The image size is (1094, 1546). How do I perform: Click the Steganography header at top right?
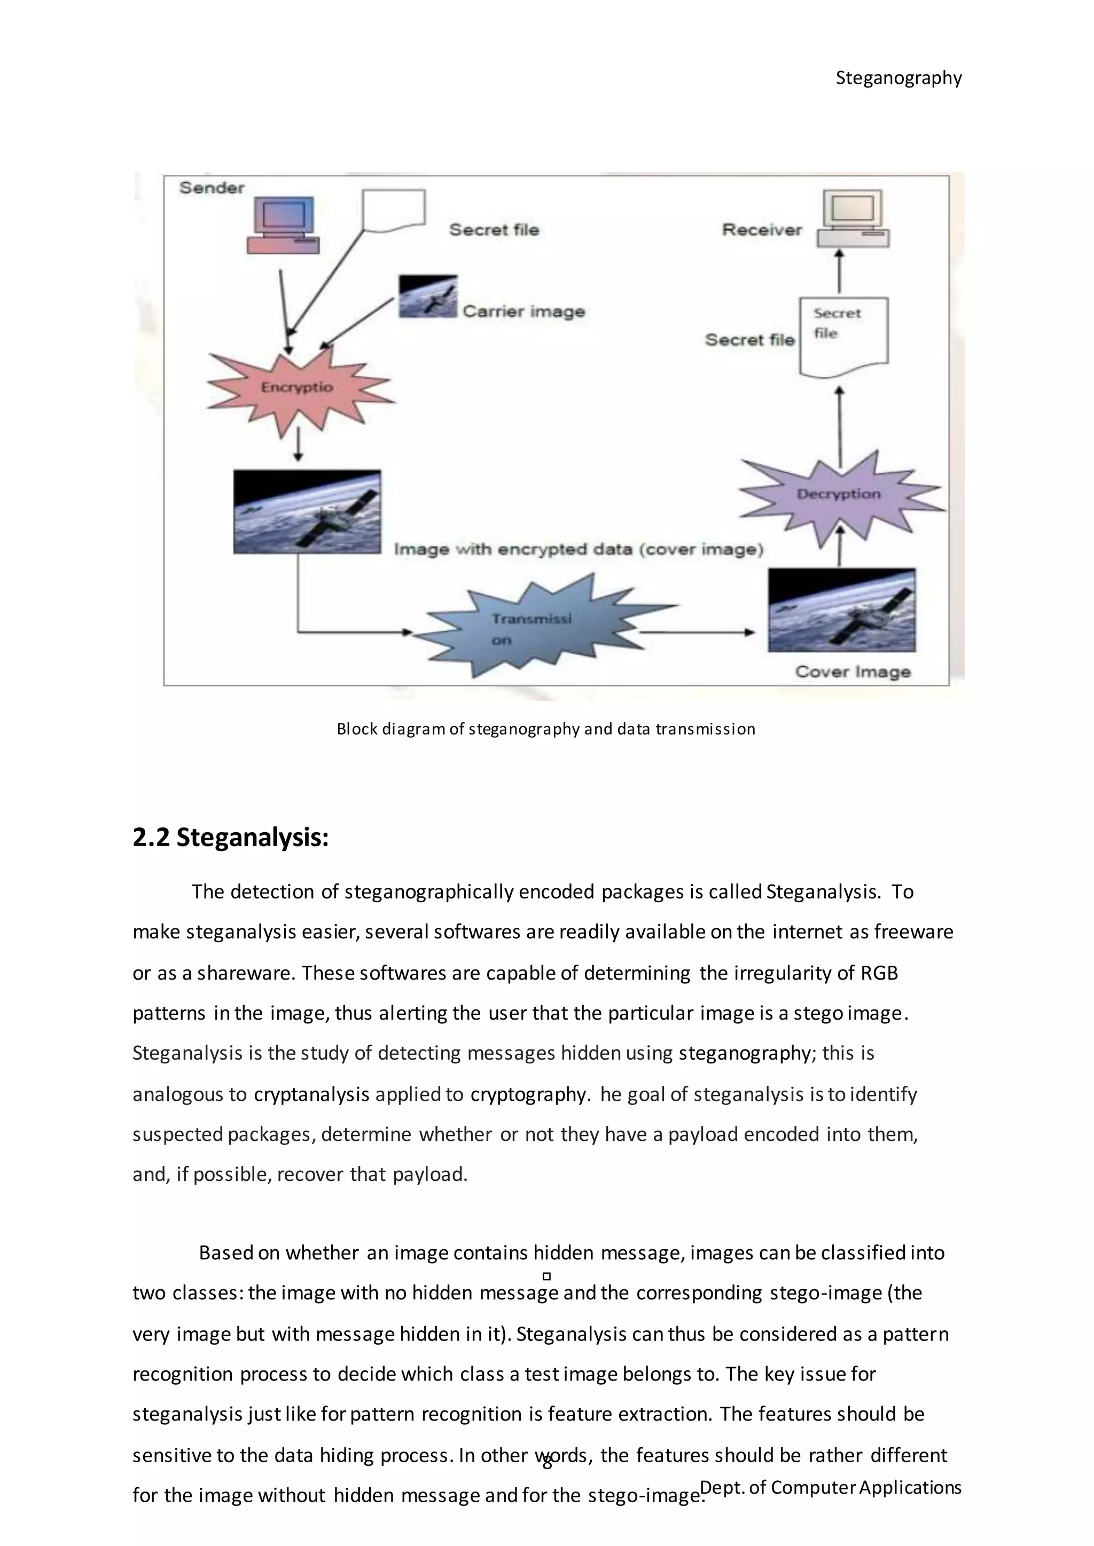pos(898,78)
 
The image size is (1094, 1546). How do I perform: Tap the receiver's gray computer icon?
pos(853,219)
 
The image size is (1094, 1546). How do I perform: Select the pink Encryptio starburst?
pos(298,388)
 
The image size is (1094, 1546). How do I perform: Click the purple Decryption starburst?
pos(839,495)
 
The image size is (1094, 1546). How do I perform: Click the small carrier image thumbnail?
pos(428,296)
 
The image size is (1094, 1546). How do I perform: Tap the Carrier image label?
pos(523,312)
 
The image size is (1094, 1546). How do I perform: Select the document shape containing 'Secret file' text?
pos(843,335)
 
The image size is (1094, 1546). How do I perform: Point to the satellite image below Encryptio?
pos(307,512)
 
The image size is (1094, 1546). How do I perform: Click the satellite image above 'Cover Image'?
pos(841,610)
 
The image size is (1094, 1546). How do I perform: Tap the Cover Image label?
pos(853,672)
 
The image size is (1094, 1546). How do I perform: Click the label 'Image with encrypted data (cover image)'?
pos(578,549)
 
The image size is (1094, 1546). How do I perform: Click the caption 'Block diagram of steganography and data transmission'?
pos(545,729)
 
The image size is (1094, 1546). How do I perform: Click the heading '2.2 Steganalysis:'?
pos(230,838)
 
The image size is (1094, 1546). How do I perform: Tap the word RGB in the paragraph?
pos(879,973)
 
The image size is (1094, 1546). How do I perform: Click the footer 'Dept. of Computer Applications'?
pos(831,1487)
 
